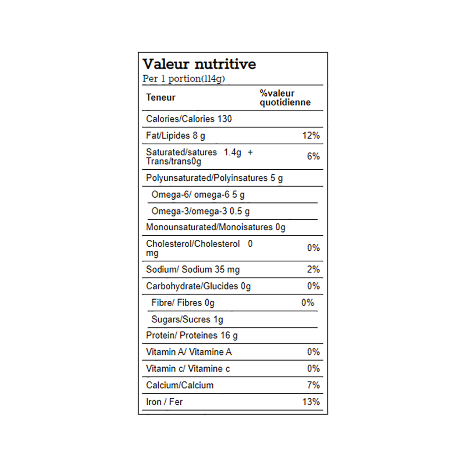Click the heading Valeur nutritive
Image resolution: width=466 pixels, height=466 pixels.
point(199,64)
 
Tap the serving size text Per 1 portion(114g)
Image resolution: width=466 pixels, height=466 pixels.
point(184,79)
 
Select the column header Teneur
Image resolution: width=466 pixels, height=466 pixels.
point(161,97)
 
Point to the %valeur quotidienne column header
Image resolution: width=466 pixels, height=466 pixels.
point(285,98)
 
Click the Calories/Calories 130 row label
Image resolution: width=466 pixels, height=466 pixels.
point(189,119)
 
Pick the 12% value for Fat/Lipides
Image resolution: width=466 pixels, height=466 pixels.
point(311,136)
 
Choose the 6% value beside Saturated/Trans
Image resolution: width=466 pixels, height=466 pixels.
point(313,157)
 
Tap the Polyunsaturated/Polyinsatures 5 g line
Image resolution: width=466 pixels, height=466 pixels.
point(214,178)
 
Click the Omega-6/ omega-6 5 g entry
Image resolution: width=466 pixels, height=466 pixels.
point(198,195)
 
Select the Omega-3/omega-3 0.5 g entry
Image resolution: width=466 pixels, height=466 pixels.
point(201,211)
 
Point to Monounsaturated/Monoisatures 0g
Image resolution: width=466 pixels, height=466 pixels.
point(216,227)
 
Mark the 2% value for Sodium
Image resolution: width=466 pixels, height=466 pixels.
point(313,269)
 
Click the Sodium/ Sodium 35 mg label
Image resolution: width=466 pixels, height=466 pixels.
point(193,269)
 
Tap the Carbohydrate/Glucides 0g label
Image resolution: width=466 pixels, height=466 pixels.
point(198,286)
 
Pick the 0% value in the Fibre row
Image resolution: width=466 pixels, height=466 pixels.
point(308,303)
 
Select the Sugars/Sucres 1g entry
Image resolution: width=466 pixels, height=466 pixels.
point(187,319)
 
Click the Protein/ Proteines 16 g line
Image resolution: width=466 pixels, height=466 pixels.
point(192,336)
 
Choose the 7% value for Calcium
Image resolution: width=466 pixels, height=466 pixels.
point(313,385)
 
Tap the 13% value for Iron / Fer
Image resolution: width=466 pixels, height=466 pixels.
point(311,402)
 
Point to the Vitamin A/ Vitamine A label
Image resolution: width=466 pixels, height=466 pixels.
point(189,352)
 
